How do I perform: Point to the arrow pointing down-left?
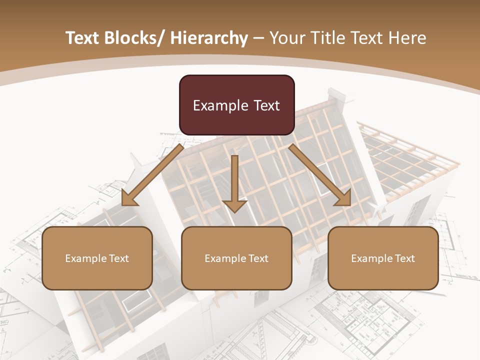click(152, 175)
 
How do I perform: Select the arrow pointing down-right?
click(320, 175)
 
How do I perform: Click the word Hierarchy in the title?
click(208, 38)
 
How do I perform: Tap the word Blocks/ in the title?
click(134, 38)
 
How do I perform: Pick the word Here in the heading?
click(408, 38)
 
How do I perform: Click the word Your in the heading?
click(286, 38)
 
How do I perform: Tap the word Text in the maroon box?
click(266, 105)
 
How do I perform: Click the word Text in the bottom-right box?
click(404, 258)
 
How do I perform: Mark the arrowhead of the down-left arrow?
click(129, 199)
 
